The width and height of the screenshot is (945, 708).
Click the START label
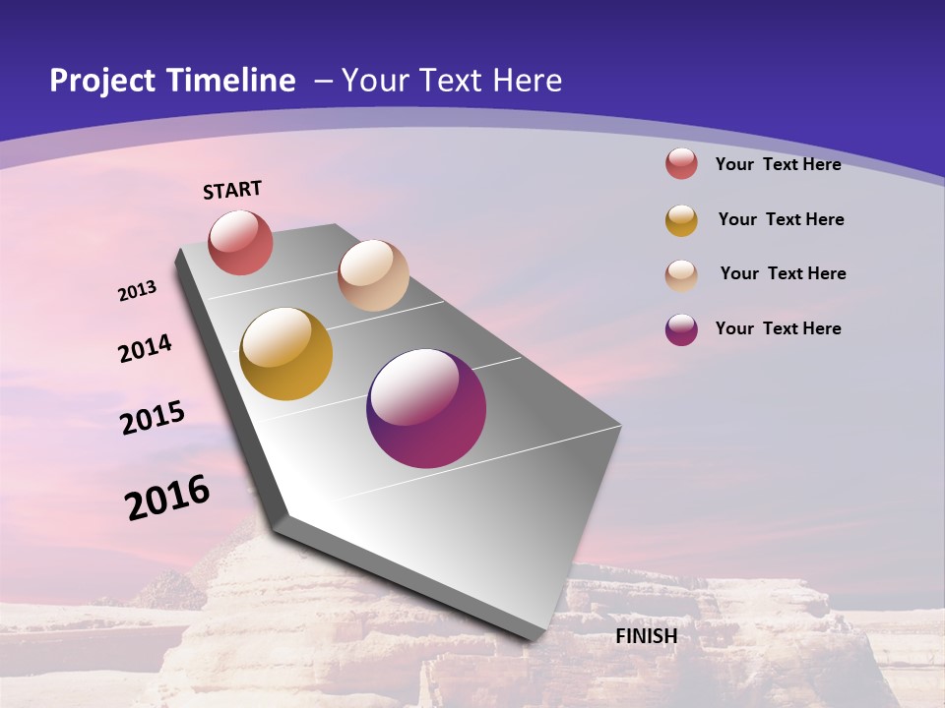232,190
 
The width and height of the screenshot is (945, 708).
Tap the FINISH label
647,636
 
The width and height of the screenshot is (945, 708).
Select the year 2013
138,291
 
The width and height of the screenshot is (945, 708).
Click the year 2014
146,349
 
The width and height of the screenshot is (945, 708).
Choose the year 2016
167,498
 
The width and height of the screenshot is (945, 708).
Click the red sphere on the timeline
240,243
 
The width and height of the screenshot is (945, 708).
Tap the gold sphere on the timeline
285,354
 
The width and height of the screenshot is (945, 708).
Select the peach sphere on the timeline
373,275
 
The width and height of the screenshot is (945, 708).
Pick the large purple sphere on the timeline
426,408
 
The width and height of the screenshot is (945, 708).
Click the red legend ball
681,163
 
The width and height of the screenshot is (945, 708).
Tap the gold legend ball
681,220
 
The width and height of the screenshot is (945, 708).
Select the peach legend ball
681,275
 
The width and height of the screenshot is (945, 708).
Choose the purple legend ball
681,329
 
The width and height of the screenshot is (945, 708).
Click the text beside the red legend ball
778,164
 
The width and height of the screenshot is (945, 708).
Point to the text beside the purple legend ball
778,328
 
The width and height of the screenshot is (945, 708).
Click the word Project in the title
101,81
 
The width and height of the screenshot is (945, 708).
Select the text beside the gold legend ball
781,219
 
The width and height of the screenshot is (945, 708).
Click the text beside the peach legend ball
783,273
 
